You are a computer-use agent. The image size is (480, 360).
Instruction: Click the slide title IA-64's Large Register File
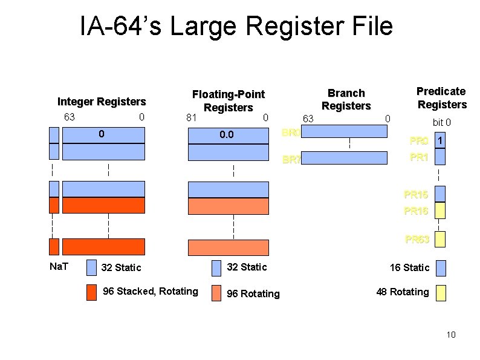pyautogui.click(x=236, y=27)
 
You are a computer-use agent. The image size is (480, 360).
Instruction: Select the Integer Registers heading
pyautogui.click(x=102, y=101)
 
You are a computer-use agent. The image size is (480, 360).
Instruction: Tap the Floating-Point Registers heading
pyautogui.click(x=228, y=100)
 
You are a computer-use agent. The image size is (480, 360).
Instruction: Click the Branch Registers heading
pyautogui.click(x=346, y=99)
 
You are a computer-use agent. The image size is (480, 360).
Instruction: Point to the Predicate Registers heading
pyautogui.click(x=441, y=97)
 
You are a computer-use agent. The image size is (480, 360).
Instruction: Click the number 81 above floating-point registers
pyautogui.click(x=192, y=117)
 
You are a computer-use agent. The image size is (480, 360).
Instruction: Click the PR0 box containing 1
pyautogui.click(x=441, y=140)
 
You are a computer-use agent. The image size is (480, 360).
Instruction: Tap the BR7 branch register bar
pyautogui.click(x=344, y=159)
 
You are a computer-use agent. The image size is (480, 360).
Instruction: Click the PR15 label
pyautogui.click(x=417, y=195)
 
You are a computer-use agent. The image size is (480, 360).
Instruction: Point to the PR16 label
pyautogui.click(x=417, y=211)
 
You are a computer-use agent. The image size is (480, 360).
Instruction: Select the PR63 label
pyautogui.click(x=417, y=240)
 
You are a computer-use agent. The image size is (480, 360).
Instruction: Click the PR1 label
pyautogui.click(x=419, y=157)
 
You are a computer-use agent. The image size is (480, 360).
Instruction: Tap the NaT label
pyautogui.click(x=58, y=265)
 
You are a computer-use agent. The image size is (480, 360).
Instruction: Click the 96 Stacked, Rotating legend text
pyautogui.click(x=151, y=292)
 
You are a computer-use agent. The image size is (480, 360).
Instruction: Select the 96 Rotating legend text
pyautogui.click(x=253, y=293)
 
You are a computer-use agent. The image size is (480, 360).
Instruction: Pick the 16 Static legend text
pyautogui.click(x=409, y=267)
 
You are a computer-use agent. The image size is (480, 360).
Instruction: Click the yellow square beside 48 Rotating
pyautogui.click(x=441, y=293)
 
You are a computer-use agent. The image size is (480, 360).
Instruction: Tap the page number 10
pyautogui.click(x=450, y=335)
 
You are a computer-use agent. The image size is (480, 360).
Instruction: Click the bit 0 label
pyautogui.click(x=442, y=123)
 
